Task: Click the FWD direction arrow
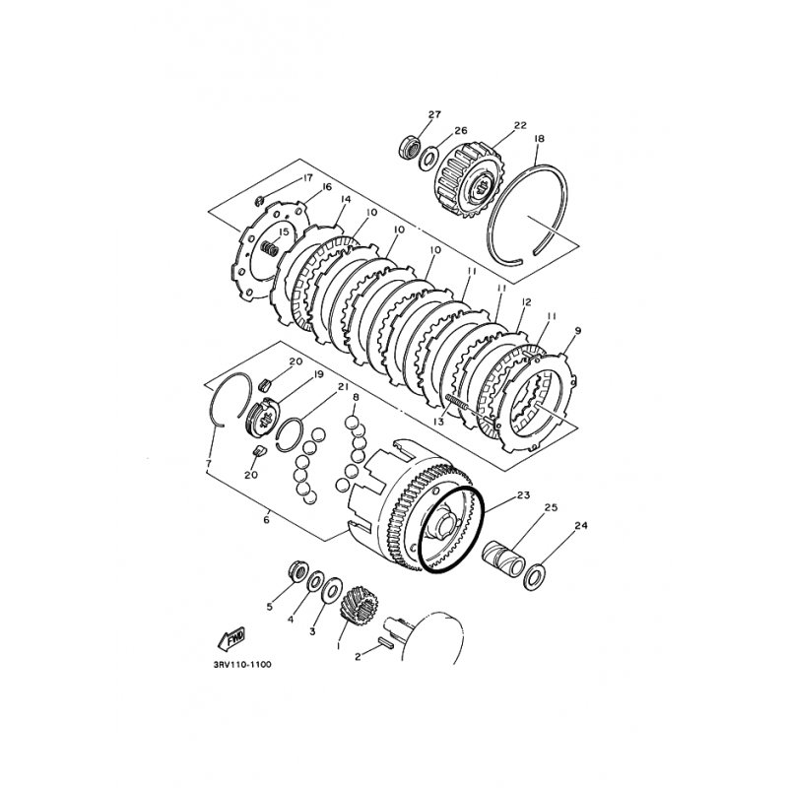231,638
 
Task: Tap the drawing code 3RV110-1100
242,665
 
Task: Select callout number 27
434,114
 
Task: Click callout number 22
520,125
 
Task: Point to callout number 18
539,138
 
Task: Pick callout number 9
577,331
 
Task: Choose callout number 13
438,422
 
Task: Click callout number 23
523,495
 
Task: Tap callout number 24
580,526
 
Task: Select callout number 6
266,520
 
